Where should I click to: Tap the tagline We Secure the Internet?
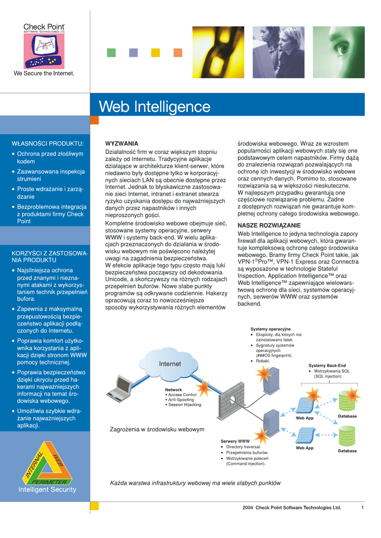[x=44, y=74]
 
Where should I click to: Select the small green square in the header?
[x=111, y=53]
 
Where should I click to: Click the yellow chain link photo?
[x=218, y=51]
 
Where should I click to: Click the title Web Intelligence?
[x=155, y=107]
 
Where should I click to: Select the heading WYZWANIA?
[x=122, y=143]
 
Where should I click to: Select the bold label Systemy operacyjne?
[x=270, y=329]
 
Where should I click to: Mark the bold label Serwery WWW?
[x=235, y=441]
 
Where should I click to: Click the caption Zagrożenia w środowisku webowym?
[x=157, y=430]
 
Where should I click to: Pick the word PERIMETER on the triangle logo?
[x=49, y=481]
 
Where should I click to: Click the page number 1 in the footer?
[x=363, y=508]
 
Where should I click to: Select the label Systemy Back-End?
[x=327, y=365]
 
